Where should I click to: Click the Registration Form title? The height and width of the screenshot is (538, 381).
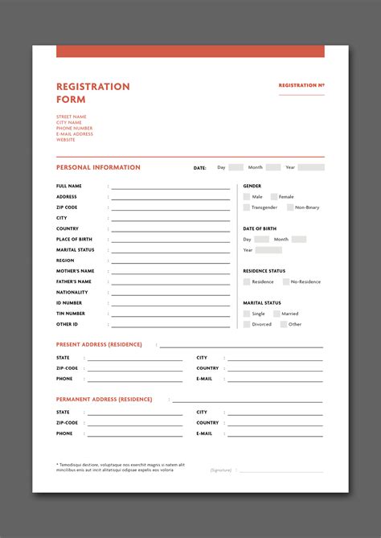[92, 92]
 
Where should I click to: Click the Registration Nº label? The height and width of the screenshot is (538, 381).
[301, 85]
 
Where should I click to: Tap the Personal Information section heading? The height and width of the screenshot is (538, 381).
[98, 167]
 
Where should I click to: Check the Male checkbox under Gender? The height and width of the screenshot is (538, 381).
[247, 196]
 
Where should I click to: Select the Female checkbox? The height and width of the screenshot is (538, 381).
[274, 196]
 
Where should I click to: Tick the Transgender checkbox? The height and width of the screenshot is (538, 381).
[247, 207]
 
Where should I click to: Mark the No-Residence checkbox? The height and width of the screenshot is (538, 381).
[285, 281]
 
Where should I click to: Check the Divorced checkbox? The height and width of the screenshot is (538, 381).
[247, 324]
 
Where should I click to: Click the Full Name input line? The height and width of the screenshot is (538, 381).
[170, 187]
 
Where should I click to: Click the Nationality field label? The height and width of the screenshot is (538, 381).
[73, 292]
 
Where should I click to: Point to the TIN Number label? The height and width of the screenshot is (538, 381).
[71, 314]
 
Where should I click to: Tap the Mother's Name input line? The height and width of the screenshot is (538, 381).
[170, 273]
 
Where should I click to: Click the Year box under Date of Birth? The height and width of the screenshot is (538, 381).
[268, 250]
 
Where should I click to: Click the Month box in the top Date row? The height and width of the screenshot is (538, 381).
[273, 167]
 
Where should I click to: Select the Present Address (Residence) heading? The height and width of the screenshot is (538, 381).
[99, 344]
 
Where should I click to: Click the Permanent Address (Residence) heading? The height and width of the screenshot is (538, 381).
[104, 399]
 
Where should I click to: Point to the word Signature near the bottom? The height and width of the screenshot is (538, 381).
[221, 470]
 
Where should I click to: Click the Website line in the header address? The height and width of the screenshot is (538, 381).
[66, 140]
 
